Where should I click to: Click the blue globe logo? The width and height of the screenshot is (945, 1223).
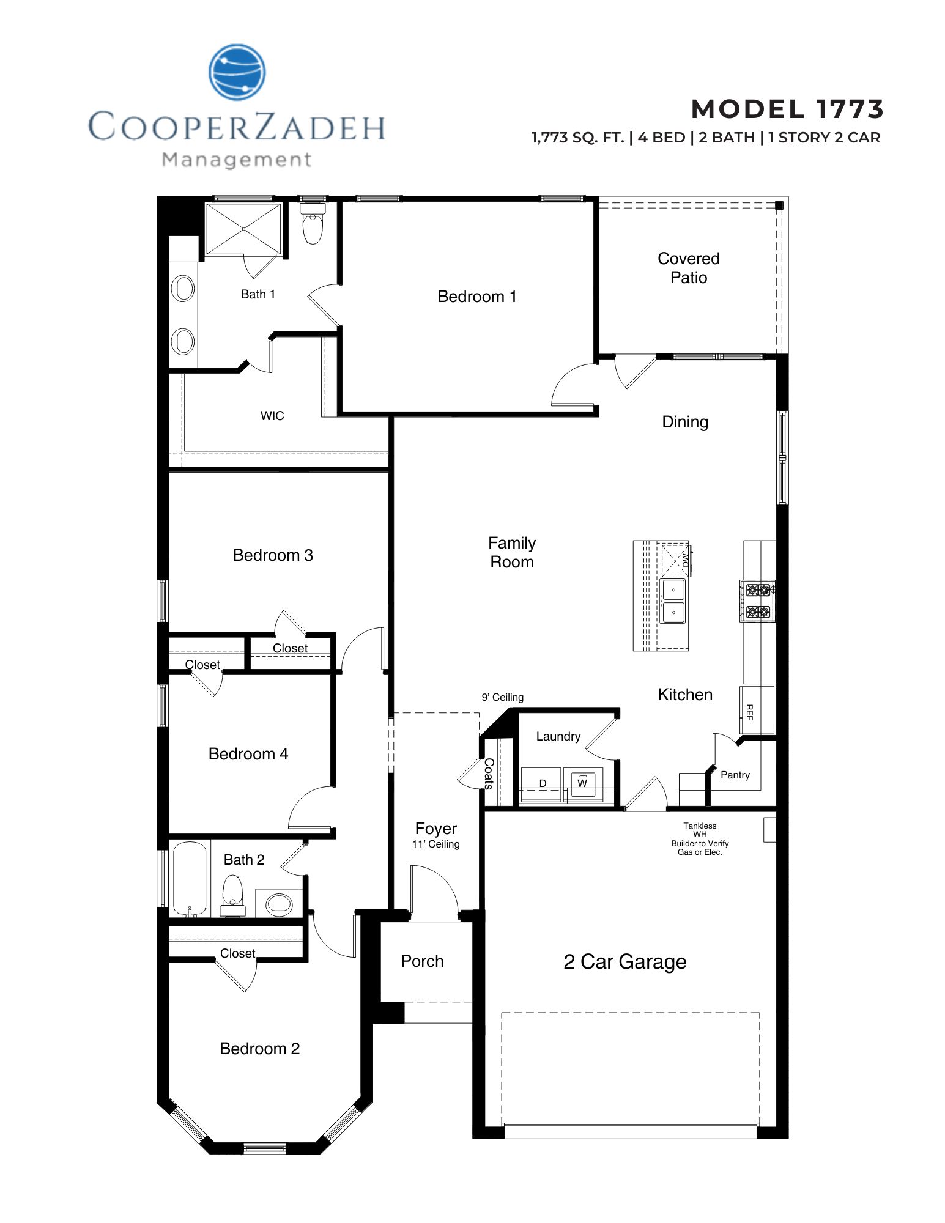237,72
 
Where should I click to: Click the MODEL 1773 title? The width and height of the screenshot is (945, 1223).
787,109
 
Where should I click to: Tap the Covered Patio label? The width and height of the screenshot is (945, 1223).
688,268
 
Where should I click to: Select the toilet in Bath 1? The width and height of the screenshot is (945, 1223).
313,225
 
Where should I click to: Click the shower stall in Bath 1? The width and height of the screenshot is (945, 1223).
243,229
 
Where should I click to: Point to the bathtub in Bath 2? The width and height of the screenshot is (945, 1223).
190,879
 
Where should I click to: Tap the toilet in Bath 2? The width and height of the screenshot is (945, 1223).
232,895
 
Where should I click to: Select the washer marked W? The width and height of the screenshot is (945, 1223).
582,784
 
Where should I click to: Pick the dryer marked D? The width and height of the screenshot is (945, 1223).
542,784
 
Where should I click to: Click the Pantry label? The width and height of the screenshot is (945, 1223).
735,775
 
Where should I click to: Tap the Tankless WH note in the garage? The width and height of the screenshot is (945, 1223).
700,838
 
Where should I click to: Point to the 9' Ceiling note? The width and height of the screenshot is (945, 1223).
503,697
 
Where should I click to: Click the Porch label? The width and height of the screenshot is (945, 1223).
422,961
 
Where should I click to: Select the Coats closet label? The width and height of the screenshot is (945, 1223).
489,774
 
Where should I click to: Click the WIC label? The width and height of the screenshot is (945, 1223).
272,416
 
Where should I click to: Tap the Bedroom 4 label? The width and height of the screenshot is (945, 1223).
248,754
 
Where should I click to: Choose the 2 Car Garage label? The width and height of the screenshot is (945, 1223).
624,962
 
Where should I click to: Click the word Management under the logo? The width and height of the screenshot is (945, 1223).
237,160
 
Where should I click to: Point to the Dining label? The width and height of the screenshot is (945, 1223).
685,422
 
